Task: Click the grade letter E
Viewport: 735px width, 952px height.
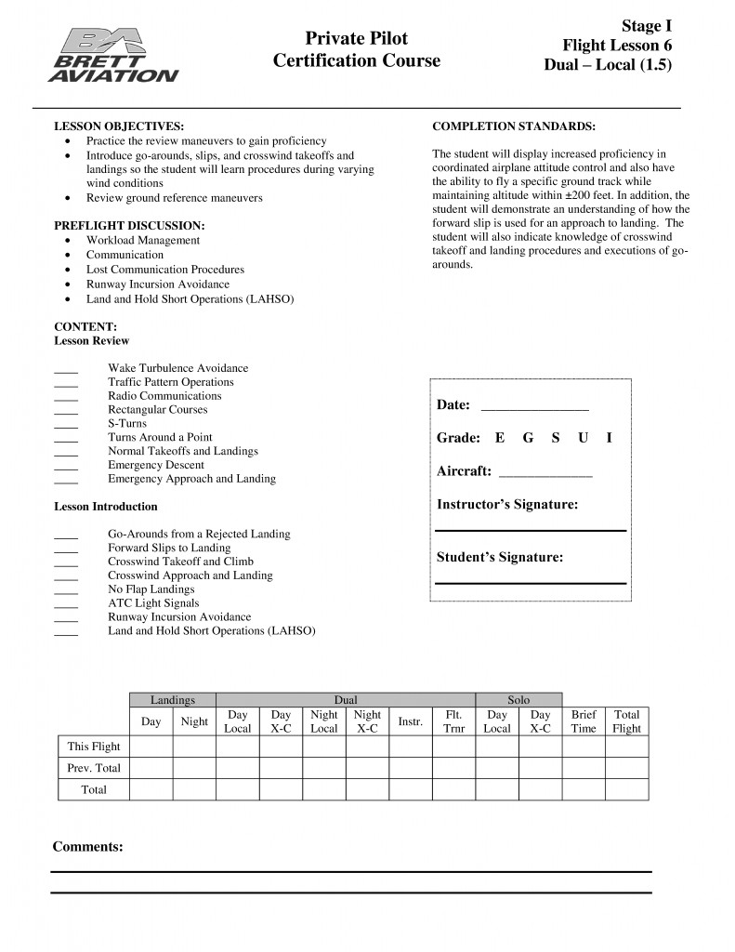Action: tap(500, 438)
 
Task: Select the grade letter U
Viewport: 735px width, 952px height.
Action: tap(583, 438)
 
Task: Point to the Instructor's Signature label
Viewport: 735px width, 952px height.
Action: tap(507, 505)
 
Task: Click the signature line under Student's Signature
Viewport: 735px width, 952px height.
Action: tap(531, 583)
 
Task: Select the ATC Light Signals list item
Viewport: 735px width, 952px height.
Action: tap(153, 603)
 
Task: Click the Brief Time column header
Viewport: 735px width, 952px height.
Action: tap(584, 721)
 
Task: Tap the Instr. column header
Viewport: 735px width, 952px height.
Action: tap(411, 721)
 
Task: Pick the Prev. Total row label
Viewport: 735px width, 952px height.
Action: tap(94, 768)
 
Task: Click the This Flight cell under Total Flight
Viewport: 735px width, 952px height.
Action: tap(627, 747)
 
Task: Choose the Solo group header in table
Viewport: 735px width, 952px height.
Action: tap(518, 699)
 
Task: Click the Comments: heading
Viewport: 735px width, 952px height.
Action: tap(87, 847)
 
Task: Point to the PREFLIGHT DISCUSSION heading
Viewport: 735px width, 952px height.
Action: tap(129, 226)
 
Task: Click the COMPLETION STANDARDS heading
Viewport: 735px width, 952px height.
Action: tap(514, 126)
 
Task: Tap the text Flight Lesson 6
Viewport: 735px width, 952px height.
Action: tap(617, 46)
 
